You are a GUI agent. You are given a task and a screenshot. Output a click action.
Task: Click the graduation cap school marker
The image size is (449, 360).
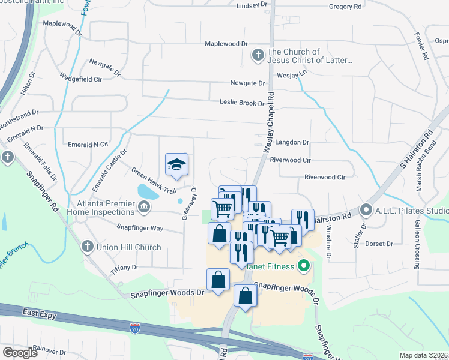click(176, 164)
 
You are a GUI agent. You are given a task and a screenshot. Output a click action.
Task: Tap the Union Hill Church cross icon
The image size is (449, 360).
click(87, 247)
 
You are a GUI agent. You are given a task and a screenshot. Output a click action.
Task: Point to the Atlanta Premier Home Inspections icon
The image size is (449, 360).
click(144, 208)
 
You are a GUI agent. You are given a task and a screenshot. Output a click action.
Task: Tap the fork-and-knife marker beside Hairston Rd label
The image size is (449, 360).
click(303, 220)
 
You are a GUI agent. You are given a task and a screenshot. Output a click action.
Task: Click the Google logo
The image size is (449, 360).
click(20, 353)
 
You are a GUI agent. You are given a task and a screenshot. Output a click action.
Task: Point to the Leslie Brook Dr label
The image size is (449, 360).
click(242, 103)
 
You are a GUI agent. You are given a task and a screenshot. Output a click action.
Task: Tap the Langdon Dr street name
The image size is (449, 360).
click(292, 143)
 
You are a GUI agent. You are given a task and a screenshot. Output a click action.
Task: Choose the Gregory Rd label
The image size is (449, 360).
click(345, 7)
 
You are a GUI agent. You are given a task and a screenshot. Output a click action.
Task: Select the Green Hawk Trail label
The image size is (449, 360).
click(154, 179)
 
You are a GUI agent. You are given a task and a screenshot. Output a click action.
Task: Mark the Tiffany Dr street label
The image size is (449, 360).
click(124, 268)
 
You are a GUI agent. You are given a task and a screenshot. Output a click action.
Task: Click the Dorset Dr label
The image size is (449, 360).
click(378, 244)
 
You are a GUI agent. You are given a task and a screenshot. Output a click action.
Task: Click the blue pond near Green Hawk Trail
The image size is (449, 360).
click(148, 192)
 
